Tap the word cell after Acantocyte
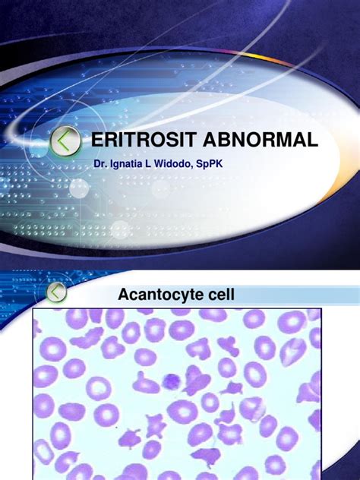pyautogui.click(x=211, y=295)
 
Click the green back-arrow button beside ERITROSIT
pyautogui.click(x=68, y=141)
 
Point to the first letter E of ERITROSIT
pyautogui.click(x=96, y=141)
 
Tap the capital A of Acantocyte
pyautogui.click(x=124, y=295)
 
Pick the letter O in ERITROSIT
pyautogui.click(x=150, y=141)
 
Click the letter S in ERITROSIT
pyautogui.click(x=166, y=141)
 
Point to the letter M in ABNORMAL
pyautogui.click(x=278, y=141)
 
